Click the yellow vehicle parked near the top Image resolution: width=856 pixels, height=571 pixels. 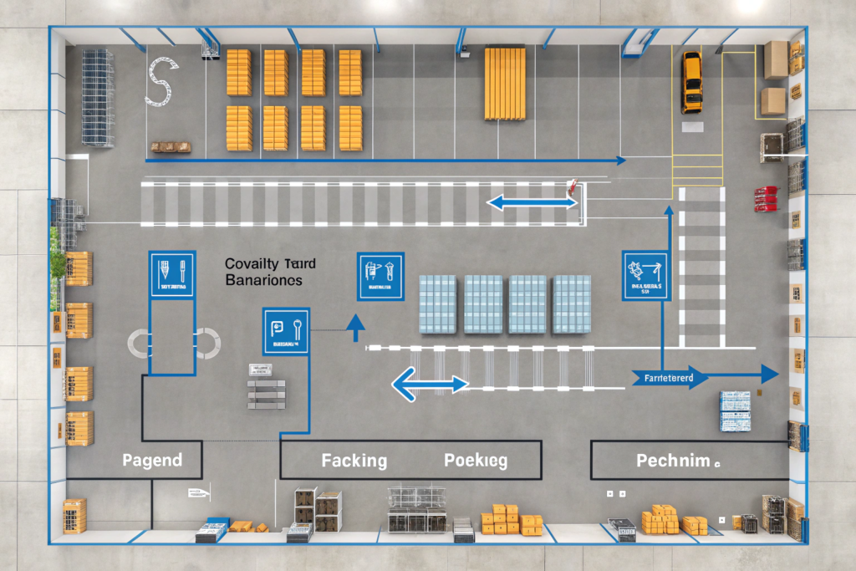pos(691,82)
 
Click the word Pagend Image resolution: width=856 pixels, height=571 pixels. pos(152,460)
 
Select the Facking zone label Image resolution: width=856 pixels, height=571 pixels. pos(354,461)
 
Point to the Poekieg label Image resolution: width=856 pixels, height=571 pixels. pos(476,461)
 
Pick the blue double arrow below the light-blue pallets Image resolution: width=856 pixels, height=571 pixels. pos(430,384)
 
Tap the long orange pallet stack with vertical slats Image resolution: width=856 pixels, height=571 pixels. pos(505,84)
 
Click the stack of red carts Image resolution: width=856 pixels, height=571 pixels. pos(765,199)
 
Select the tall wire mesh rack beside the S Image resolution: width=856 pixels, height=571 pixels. pos(98,98)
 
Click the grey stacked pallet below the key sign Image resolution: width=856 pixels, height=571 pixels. pos(266,393)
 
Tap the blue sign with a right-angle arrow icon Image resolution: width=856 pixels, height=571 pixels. pos(645,275)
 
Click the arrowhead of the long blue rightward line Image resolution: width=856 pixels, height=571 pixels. pos(619,160)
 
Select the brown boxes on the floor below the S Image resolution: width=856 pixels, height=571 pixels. pos(171,147)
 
